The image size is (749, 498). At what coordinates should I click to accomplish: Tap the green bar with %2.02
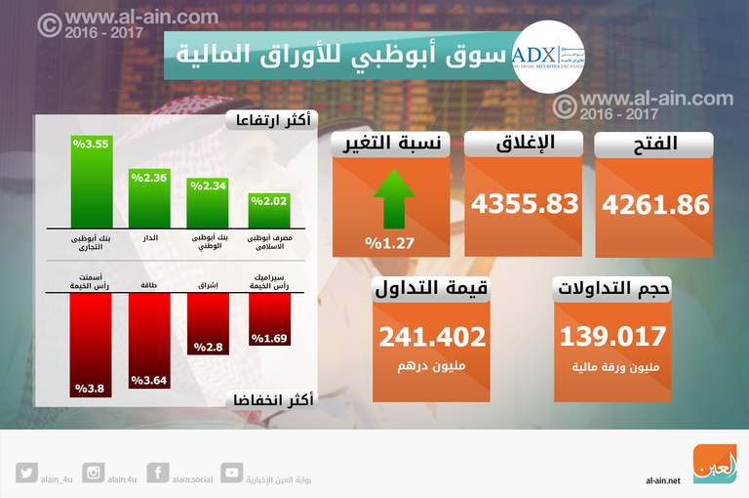pyautogui.click(x=269, y=210)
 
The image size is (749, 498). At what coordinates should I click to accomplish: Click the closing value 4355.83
pyautogui.click(x=525, y=205)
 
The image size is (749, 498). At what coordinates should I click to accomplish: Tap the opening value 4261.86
pyautogui.click(x=655, y=205)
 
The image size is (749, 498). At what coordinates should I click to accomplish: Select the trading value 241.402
pyautogui.click(x=431, y=337)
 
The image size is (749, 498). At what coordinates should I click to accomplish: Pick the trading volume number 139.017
pyautogui.click(x=612, y=337)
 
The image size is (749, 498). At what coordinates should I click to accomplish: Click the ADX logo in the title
pyautogui.click(x=546, y=55)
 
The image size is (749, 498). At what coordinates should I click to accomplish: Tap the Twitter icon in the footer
pyautogui.click(x=26, y=473)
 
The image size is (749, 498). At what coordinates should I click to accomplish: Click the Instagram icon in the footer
pyautogui.click(x=95, y=473)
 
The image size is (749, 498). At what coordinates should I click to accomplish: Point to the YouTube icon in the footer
pyautogui.click(x=232, y=473)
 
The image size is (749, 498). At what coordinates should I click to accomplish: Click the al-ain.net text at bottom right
pyautogui.click(x=663, y=479)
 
